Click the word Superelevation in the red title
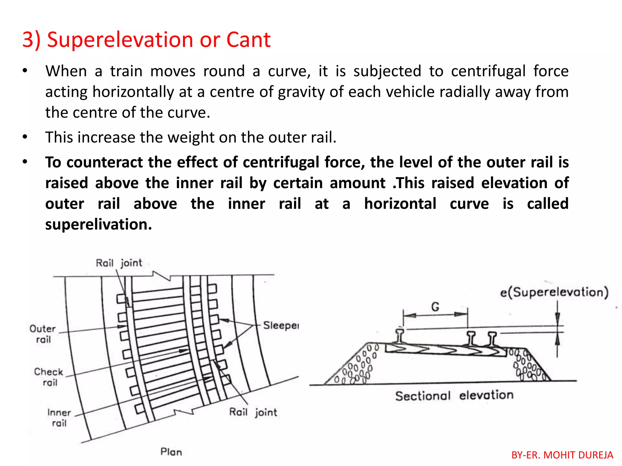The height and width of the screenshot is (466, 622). [121, 40]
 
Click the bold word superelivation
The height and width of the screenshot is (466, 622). [98, 225]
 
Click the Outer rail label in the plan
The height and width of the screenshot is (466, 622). [43, 334]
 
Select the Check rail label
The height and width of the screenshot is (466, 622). [49, 377]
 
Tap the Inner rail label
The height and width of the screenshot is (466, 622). [59, 418]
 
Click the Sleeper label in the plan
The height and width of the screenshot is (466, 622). [281, 326]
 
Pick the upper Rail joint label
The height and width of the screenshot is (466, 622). [119, 263]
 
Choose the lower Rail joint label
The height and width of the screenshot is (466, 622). [253, 412]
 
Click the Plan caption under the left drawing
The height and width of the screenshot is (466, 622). [171, 452]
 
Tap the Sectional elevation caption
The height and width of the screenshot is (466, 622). [454, 396]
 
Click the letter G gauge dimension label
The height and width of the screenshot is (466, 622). [435, 307]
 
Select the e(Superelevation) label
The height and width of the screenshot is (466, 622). [554, 292]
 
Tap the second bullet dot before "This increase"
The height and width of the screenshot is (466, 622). [25, 137]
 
